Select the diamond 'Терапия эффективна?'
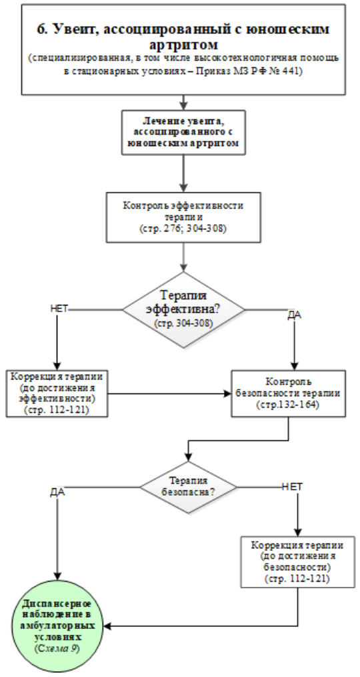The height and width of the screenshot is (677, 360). click(183, 309)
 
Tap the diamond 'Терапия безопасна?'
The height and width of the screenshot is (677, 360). click(188, 487)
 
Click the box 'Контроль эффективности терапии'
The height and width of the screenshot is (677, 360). click(183, 217)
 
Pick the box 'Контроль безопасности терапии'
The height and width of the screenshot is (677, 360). click(289, 394)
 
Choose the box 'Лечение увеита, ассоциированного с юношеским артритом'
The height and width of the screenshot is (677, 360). click(184, 132)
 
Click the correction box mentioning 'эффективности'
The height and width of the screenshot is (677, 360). click(56, 393)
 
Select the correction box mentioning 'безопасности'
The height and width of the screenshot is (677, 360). click(298, 562)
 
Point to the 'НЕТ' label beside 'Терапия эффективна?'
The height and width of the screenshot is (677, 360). click(60, 308)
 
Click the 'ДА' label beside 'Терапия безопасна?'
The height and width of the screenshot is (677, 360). click(57, 493)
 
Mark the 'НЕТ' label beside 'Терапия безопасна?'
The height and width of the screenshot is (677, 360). click(292, 486)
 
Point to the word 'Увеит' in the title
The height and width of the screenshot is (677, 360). click(73, 29)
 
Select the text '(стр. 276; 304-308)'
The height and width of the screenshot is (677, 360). click(183, 229)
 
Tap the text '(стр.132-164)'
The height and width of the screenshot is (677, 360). click(289, 406)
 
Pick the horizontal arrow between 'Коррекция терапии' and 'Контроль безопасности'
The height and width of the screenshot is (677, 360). click(169, 394)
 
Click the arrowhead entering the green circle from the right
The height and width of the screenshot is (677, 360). click(108, 626)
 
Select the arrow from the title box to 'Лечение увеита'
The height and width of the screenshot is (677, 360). click(184, 102)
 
